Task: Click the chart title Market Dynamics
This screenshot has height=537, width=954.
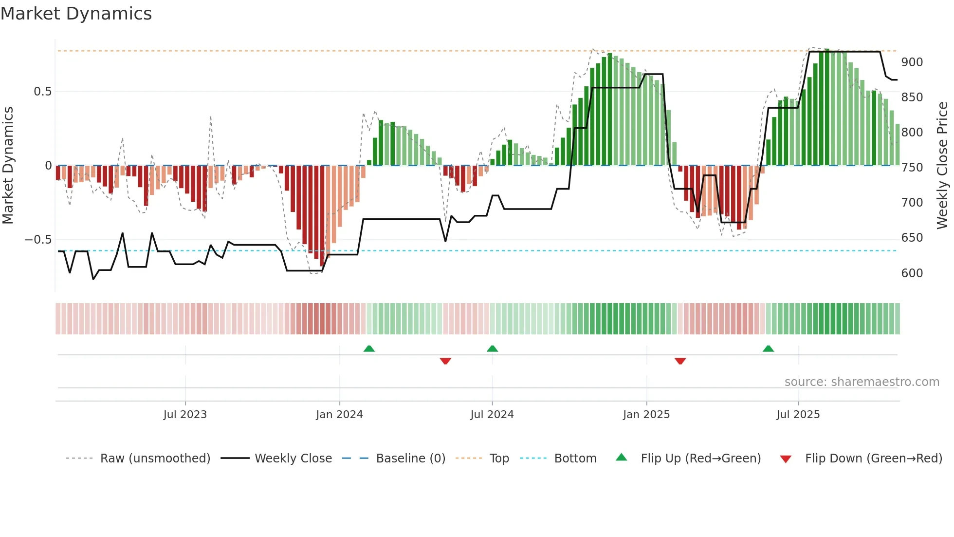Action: pyautogui.click(x=76, y=14)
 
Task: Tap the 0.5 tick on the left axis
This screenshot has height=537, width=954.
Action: pyautogui.click(x=42, y=92)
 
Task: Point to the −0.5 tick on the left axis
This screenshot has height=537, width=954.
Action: pyautogui.click(x=38, y=239)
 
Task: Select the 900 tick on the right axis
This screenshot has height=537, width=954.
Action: pyautogui.click(x=912, y=62)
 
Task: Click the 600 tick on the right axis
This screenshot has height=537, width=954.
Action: pyautogui.click(x=912, y=273)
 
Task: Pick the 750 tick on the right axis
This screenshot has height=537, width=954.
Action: pyautogui.click(x=912, y=168)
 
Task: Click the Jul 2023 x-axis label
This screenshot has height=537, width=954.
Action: pyautogui.click(x=185, y=414)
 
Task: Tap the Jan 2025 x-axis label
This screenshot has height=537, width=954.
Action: pyautogui.click(x=646, y=414)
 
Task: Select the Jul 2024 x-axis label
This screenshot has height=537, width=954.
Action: pyautogui.click(x=492, y=414)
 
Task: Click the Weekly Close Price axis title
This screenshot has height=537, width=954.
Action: pyautogui.click(x=942, y=166)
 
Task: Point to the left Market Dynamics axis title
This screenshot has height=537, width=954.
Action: pyautogui.click(x=8, y=166)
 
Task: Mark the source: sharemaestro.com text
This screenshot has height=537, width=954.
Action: pyautogui.click(x=862, y=382)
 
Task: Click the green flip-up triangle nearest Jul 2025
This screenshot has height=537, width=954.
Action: pyautogui.click(x=768, y=349)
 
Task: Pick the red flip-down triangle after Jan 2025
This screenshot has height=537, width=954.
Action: pyautogui.click(x=680, y=361)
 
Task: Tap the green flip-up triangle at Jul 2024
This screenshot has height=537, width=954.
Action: pyautogui.click(x=492, y=349)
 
